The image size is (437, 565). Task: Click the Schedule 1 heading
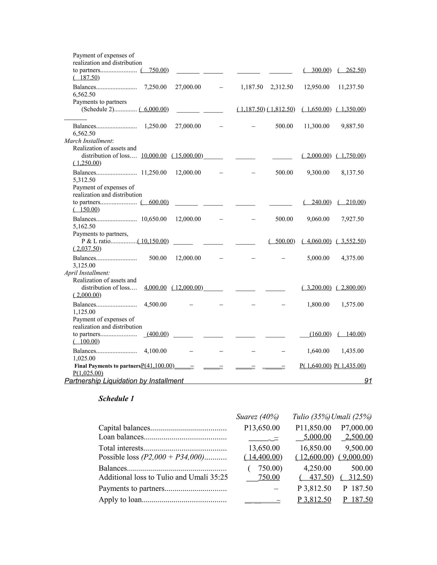(x=116, y=399)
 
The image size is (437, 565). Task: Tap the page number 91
(x=368, y=381)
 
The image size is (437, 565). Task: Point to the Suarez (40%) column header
(x=257, y=417)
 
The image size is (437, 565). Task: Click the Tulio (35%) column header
(x=311, y=417)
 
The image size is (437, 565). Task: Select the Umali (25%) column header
(x=352, y=417)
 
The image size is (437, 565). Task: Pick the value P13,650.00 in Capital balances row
(x=262, y=428)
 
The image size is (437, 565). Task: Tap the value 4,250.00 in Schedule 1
(x=317, y=468)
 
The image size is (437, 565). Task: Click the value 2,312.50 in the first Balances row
(x=282, y=87)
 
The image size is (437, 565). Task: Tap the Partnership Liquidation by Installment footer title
(x=124, y=381)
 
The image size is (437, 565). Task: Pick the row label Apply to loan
(x=120, y=500)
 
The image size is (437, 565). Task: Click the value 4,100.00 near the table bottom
(x=155, y=351)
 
